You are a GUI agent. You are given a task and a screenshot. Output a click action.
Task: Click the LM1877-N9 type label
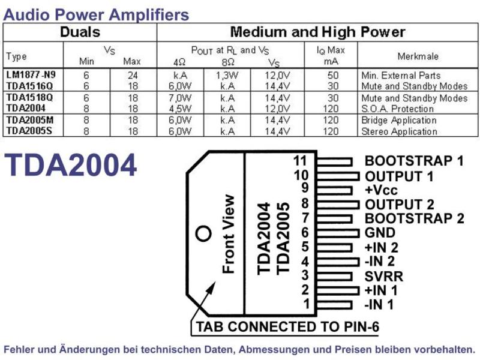[31, 74]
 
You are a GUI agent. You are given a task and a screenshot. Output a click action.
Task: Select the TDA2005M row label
[29, 119]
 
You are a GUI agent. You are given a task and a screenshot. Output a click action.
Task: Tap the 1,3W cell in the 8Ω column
[227, 76]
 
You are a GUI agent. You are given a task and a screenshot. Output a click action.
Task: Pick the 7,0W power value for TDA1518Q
[180, 98]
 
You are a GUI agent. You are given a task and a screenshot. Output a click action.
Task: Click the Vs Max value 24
[133, 76]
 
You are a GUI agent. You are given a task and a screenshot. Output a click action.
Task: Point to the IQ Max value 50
[333, 76]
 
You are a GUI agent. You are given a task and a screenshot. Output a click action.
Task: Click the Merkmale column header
[418, 56]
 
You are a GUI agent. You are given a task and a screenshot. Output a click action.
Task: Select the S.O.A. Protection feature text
[397, 109]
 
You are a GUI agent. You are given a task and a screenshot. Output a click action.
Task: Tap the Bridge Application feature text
[399, 121]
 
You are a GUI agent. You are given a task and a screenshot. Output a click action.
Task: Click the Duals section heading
[80, 32]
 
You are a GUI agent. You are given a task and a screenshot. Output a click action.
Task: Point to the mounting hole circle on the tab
[203, 233]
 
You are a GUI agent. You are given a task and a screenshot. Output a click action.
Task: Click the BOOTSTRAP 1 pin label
[414, 161]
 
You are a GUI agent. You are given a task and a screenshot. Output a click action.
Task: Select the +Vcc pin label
[381, 190]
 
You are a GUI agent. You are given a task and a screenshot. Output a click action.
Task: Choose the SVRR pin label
[384, 276]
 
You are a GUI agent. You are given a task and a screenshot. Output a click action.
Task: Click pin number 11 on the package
[300, 160]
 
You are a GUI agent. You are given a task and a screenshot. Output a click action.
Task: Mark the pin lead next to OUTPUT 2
[338, 204]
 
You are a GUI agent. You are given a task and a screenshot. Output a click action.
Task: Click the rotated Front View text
[229, 234]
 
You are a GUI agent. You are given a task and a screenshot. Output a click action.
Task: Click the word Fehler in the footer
[19, 349]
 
